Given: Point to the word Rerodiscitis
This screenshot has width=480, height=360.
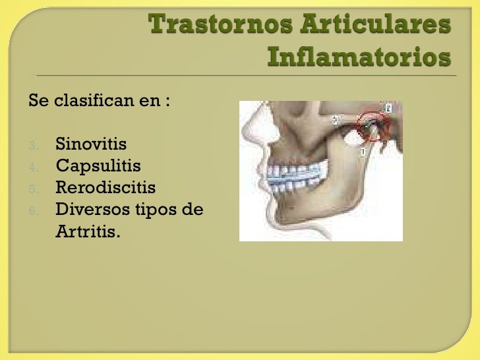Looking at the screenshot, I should click(105, 188).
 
